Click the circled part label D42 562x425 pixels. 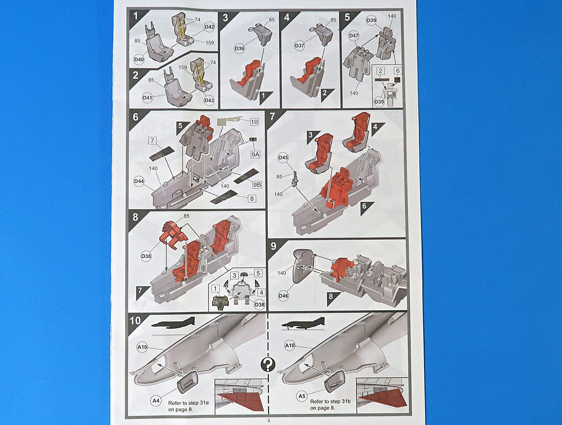(x=209, y=27)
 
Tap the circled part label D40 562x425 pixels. (x=139, y=59)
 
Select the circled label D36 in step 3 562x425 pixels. (x=239, y=49)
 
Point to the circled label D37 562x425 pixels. (x=299, y=46)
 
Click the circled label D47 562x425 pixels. (x=354, y=36)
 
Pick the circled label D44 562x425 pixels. (x=139, y=181)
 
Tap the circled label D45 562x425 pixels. (x=283, y=158)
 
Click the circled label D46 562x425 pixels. (x=283, y=296)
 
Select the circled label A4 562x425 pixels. (x=156, y=401)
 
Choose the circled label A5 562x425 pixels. (x=301, y=396)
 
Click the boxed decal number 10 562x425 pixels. (x=254, y=122)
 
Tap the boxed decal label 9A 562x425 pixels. (x=255, y=154)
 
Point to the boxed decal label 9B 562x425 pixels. (x=257, y=185)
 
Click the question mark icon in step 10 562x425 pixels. (x=268, y=365)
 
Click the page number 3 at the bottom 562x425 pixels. (x=269, y=421)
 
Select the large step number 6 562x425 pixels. (x=135, y=117)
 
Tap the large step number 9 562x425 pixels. (x=273, y=246)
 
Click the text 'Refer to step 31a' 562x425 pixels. (x=188, y=403)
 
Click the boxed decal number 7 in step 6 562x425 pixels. (x=152, y=140)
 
